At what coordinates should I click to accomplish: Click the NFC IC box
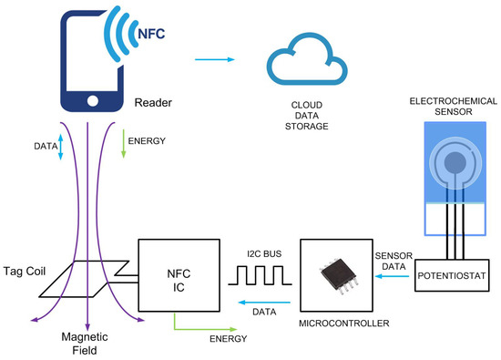(179, 273)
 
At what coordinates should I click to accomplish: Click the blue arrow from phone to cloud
(214, 60)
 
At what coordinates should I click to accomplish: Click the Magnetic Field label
(87, 345)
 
